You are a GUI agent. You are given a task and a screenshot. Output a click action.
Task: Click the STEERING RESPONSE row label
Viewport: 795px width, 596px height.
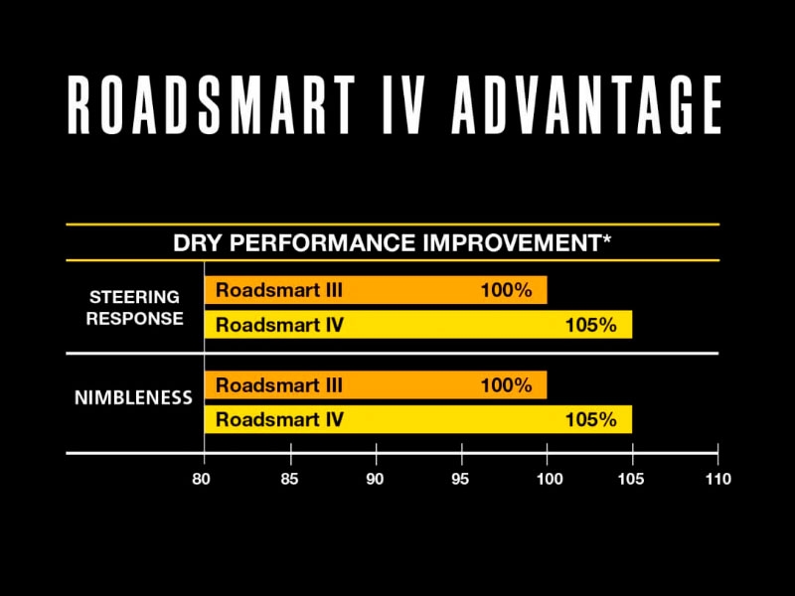point(134,308)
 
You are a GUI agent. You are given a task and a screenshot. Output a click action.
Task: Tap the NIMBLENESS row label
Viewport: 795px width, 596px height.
point(134,397)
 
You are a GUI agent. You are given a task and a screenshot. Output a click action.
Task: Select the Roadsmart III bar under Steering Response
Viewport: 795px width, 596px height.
point(375,291)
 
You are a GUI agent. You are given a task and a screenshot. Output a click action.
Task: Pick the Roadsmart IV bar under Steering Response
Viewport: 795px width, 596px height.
point(417,325)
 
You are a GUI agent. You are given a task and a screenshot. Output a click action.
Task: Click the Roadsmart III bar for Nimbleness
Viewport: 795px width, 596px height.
point(375,385)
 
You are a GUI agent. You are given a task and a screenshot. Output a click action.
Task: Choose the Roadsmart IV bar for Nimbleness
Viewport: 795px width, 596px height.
point(417,419)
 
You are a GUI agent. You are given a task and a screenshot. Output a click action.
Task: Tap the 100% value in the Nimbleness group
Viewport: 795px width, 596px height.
point(507,385)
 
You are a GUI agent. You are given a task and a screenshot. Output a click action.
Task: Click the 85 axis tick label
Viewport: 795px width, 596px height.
point(290,479)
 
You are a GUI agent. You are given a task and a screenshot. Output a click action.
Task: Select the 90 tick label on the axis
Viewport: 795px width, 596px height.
point(376,479)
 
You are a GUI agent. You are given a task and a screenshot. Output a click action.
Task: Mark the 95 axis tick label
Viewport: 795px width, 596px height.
point(462,479)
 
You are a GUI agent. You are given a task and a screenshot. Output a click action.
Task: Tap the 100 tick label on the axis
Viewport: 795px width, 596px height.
point(548,479)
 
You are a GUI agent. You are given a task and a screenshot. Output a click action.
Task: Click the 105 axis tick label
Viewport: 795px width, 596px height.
point(632,479)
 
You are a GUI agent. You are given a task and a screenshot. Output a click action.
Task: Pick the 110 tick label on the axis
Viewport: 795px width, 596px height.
point(716,479)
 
